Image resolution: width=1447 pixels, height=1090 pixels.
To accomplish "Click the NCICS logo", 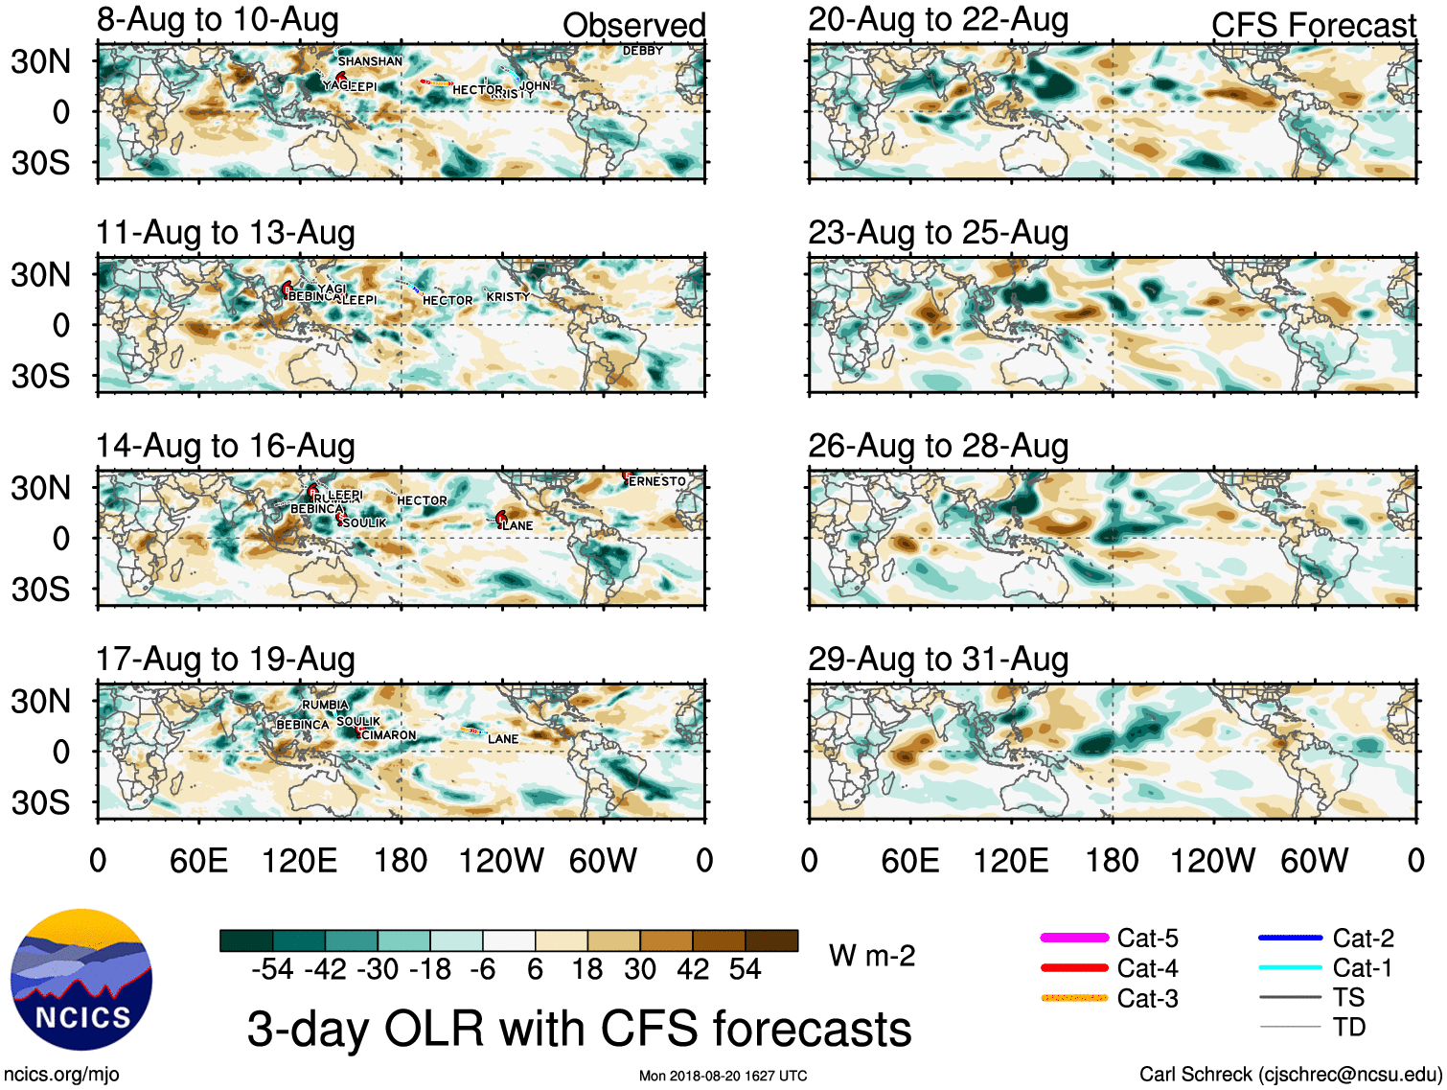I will (81, 980).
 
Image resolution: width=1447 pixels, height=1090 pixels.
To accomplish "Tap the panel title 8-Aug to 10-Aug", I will (218, 19).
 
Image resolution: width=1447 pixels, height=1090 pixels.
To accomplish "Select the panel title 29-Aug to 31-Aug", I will (937, 659).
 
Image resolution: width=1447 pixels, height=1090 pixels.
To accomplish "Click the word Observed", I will (633, 25).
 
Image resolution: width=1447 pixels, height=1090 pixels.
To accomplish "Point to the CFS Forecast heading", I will (1313, 25).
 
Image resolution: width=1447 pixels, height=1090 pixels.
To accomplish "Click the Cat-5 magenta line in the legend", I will (1074, 938).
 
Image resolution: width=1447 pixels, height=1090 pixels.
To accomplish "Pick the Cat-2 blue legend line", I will (1290, 938).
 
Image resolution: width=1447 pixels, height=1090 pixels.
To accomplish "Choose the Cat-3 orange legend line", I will (1074, 998).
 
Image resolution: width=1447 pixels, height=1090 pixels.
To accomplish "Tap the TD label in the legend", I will (1348, 1027).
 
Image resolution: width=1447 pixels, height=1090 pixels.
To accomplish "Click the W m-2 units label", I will (872, 955).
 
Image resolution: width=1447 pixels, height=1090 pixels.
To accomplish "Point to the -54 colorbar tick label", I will (272, 969).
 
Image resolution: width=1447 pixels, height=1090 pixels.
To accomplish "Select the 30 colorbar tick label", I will (640, 969).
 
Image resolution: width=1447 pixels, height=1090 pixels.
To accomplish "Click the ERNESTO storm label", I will (657, 481).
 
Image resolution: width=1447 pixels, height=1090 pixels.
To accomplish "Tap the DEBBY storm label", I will (643, 51).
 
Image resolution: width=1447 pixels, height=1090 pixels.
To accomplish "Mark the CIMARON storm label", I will (389, 735).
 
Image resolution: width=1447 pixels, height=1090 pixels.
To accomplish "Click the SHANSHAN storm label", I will (370, 61).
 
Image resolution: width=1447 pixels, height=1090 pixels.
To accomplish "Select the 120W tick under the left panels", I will (501, 860).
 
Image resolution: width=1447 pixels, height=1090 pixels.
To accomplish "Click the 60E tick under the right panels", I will (909, 860).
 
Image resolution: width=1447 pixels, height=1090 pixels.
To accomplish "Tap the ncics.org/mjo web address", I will (61, 1075).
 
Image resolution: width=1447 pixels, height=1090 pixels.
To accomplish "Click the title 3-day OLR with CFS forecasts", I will (579, 1029).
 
